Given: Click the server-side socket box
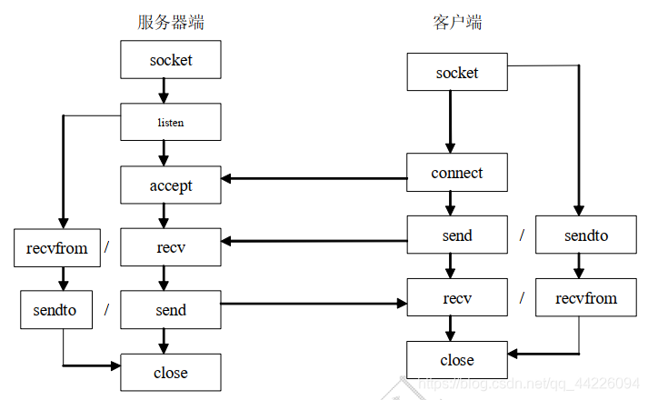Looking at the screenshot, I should (x=170, y=60).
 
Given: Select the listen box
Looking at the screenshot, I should (x=170, y=122).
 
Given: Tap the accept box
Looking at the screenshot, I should (x=170, y=185).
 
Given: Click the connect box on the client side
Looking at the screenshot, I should (x=456, y=173).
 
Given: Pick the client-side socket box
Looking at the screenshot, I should (x=456, y=73).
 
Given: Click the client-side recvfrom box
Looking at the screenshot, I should (x=585, y=297).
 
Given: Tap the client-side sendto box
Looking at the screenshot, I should (x=585, y=235).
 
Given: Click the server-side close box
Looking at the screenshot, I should (x=170, y=372).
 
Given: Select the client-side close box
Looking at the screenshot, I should (x=456, y=360).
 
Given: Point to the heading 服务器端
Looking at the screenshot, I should (x=170, y=22).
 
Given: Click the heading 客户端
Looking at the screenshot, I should (x=456, y=22).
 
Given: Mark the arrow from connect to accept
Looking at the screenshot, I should (x=314, y=178).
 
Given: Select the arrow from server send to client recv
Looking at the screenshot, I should (x=314, y=304).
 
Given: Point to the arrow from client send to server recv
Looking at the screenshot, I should (x=314, y=242).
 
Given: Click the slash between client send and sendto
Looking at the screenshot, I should (x=522, y=235).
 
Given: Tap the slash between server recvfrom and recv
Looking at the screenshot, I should (x=106, y=247).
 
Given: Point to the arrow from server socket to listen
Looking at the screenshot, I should (x=164, y=91).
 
